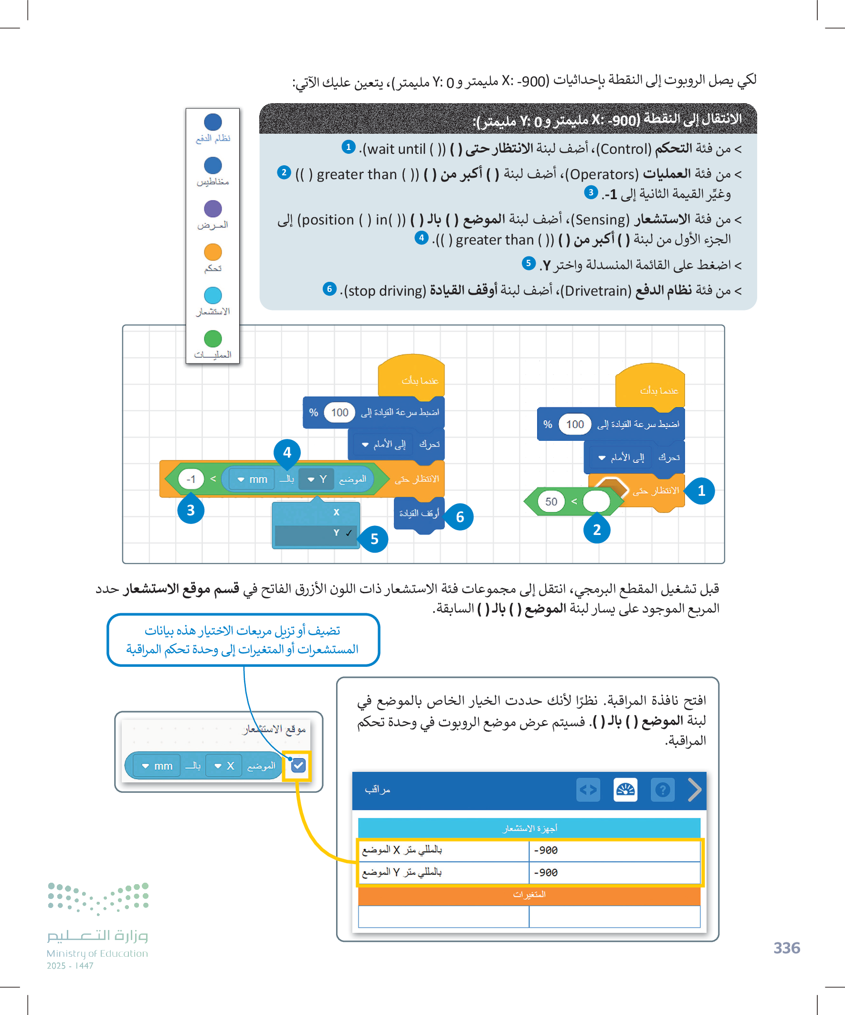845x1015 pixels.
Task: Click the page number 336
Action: pyautogui.click(x=786, y=948)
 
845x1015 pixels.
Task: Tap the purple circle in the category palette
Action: pyautogui.click(x=212, y=209)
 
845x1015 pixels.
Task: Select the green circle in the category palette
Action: pyautogui.click(x=212, y=338)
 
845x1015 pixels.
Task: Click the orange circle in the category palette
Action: pyautogui.click(x=212, y=252)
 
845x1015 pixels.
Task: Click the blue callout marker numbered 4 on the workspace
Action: pyautogui.click(x=287, y=452)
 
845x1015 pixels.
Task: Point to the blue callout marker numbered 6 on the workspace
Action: pyautogui.click(x=459, y=517)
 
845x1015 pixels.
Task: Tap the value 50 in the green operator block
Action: pyautogui.click(x=551, y=502)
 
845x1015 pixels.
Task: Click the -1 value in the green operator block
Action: pyautogui.click(x=191, y=479)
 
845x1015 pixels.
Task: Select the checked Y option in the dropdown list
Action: pyautogui.click(x=316, y=533)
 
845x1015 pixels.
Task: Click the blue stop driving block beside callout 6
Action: pyautogui.click(x=418, y=514)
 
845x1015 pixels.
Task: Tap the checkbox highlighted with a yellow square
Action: pyautogui.click(x=298, y=765)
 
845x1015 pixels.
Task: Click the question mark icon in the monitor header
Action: pyautogui.click(x=662, y=790)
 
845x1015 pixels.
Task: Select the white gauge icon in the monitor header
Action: pyautogui.click(x=625, y=790)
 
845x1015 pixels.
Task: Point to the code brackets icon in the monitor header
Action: pyautogui.click(x=588, y=790)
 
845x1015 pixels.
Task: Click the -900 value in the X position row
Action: pyautogui.click(x=546, y=850)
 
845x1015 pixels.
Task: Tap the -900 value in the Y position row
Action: pyautogui.click(x=546, y=872)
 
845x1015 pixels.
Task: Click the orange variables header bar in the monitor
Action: pyautogui.click(x=529, y=895)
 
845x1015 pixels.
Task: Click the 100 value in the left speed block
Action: pyautogui.click(x=339, y=412)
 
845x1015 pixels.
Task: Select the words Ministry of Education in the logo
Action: pyautogui.click(x=97, y=953)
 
